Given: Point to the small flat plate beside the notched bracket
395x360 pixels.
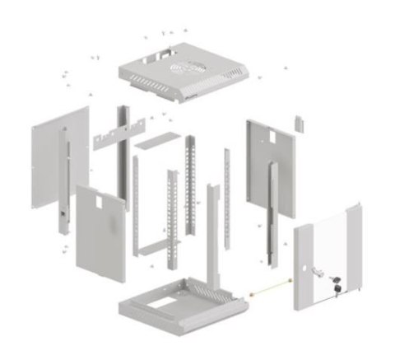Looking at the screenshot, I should tap(155, 141).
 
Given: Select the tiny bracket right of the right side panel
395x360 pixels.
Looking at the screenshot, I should tap(300, 122).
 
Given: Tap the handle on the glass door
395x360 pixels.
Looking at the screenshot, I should tap(313, 271).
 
